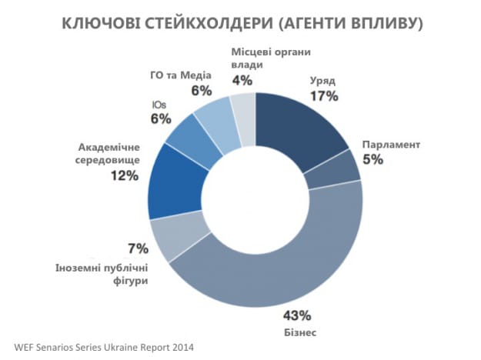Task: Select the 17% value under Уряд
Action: (324, 97)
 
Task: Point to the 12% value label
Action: (123, 176)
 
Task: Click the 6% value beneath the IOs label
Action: (159, 119)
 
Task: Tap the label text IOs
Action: (160, 105)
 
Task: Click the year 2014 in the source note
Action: (180, 347)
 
